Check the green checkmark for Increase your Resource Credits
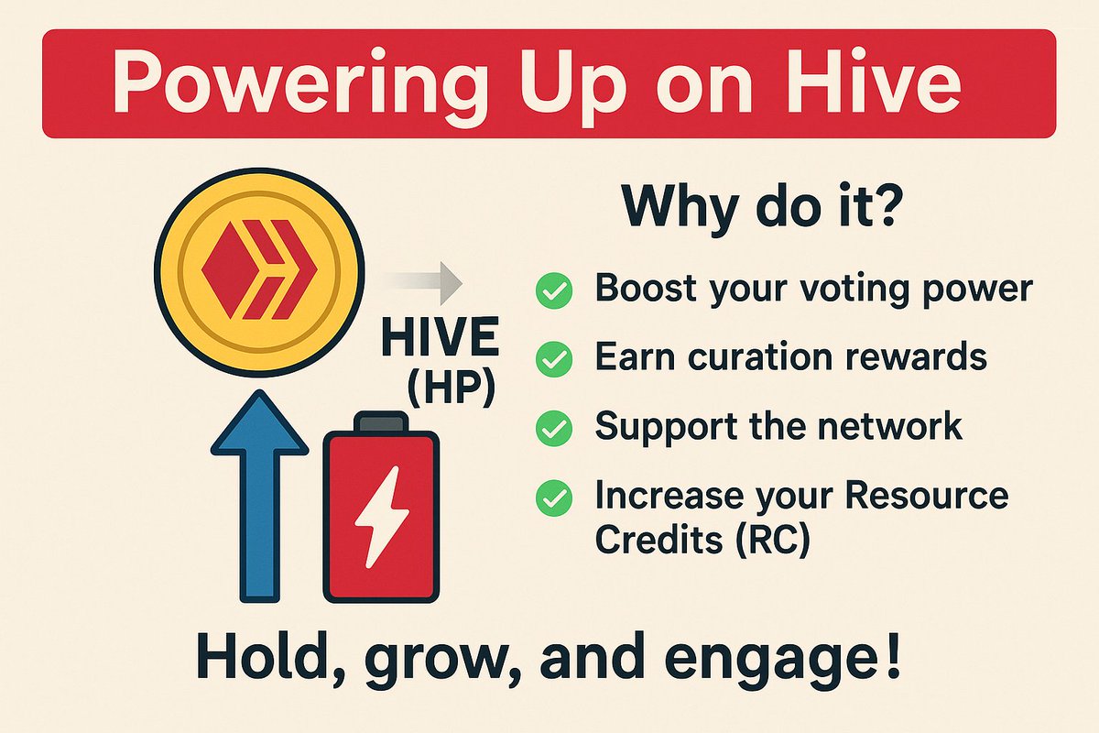553,498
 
